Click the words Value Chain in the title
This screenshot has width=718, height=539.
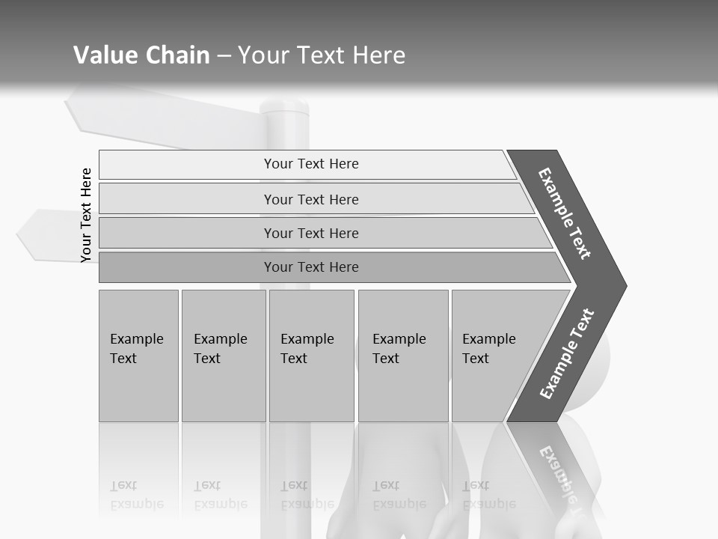coord(141,55)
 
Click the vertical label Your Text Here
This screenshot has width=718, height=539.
coord(86,215)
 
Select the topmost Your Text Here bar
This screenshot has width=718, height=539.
coord(310,164)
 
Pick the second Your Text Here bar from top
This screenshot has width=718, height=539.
coord(310,199)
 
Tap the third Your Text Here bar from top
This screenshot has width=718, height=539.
coord(310,233)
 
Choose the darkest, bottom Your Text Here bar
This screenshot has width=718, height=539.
coord(310,267)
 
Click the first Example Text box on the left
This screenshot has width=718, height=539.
coord(138,356)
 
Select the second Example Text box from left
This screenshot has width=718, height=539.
coord(223,356)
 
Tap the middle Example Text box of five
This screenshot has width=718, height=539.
coord(310,356)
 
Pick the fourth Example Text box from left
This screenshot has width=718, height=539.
coord(402,356)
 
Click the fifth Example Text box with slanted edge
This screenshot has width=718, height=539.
coord(494,356)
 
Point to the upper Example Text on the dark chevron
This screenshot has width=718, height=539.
coord(565,213)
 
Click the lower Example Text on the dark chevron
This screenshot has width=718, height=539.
coord(567,354)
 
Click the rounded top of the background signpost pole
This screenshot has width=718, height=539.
coord(284,106)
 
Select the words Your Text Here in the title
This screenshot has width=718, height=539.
coord(322,55)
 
